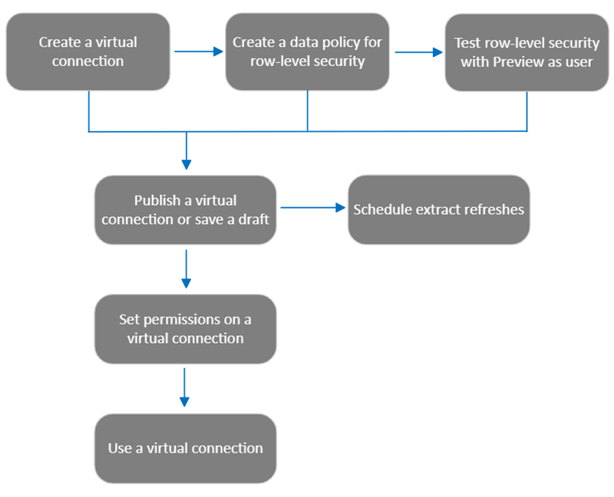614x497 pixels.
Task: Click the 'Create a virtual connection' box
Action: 87,51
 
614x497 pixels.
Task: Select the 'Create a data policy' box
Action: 307,51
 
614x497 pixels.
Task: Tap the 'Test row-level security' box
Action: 526,51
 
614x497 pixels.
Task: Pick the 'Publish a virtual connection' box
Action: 185,209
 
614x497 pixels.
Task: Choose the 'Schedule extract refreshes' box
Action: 438,209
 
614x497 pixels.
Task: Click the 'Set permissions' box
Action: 185,328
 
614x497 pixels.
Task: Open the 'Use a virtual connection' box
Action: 185,448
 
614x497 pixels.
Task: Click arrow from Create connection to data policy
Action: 198,52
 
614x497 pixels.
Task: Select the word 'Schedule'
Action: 378,209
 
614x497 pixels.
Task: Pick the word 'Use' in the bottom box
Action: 120,448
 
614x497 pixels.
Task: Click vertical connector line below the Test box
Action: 527,111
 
